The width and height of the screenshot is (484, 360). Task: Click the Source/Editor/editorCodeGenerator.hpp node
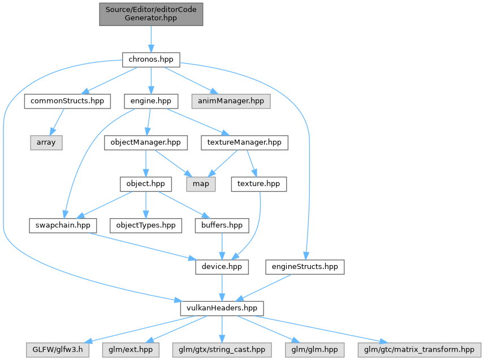151,14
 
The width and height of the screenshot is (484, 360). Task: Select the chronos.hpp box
151,59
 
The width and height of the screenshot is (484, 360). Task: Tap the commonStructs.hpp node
67,101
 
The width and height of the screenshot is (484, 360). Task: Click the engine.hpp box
151,101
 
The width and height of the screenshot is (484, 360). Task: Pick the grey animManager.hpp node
231,101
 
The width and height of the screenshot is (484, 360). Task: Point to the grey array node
46,142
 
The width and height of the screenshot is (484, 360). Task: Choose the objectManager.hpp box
146,142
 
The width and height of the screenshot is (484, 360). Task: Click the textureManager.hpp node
244,142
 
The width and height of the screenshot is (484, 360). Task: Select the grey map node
201,184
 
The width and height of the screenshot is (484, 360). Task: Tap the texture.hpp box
258,184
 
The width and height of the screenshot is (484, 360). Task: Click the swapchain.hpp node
63,225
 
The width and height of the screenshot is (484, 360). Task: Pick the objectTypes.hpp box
146,225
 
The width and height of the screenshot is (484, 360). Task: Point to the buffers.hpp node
222,225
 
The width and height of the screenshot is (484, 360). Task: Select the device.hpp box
222,267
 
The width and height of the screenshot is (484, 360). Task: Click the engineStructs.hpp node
305,267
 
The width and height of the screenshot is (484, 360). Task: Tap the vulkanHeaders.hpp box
222,309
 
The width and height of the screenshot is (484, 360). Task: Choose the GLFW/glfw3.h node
58,350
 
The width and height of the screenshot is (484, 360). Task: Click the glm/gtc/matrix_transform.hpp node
419,350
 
